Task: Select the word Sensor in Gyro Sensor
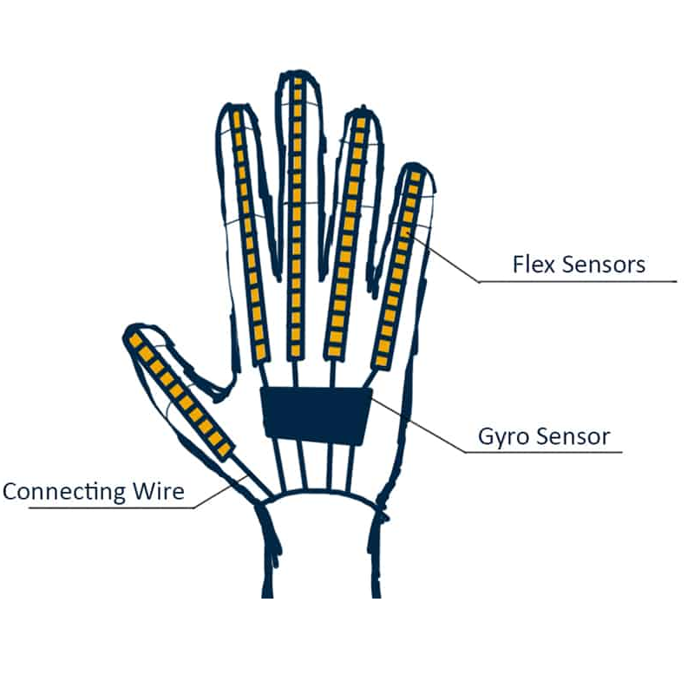tap(573, 436)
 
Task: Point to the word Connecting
tap(64, 492)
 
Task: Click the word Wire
tap(159, 491)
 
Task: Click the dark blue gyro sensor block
tap(316, 416)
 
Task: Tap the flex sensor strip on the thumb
tap(180, 396)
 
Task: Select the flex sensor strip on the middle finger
tap(296, 217)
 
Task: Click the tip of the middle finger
tap(298, 71)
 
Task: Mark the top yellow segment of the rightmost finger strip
tap(416, 177)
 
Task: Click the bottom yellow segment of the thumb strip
tap(225, 449)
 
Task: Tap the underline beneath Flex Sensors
tap(578, 281)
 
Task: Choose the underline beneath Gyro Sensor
tap(544, 452)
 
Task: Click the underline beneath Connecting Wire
tap(111, 508)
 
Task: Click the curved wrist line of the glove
tap(322, 494)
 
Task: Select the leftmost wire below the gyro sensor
tap(278, 465)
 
